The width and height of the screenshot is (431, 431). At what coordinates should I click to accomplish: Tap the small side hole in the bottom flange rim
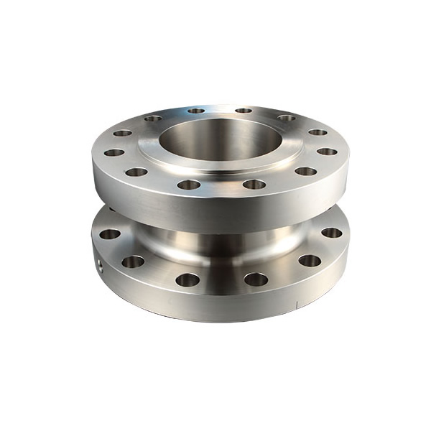101,265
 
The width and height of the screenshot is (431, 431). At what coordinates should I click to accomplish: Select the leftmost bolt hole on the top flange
114,152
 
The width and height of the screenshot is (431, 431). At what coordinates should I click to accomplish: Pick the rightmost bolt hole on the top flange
327,152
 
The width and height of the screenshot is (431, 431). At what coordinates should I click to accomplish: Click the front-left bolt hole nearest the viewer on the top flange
188,185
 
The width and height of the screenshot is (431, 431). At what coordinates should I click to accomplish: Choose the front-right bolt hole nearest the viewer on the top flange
254,185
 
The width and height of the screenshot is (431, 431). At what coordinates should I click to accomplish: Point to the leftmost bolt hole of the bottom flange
109,233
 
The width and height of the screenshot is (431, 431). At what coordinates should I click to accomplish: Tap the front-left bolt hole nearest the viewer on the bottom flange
187,279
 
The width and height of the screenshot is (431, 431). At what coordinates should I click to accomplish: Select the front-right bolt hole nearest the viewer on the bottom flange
255,279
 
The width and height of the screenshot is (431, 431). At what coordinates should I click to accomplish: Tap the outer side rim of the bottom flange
215,305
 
